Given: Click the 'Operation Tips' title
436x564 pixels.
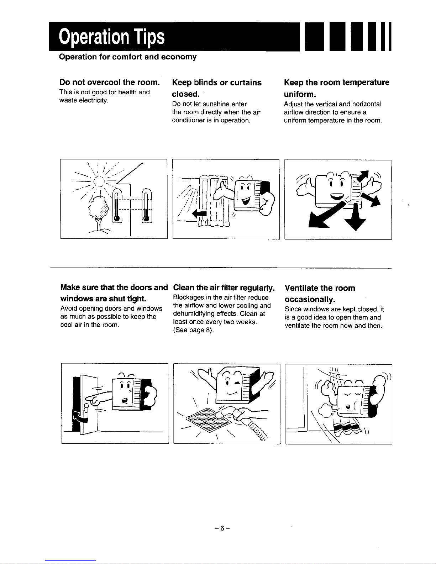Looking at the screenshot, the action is [112, 37].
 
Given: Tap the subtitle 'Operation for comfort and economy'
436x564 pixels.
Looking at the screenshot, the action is [128, 57].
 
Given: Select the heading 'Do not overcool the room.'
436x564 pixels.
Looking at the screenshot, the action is [110, 82].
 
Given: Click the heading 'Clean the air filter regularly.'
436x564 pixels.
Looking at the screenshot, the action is [224, 288].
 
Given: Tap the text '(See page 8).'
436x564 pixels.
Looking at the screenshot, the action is [193, 330].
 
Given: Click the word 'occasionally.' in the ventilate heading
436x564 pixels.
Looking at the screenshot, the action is [310, 300].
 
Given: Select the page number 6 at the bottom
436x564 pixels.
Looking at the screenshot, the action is [222, 528].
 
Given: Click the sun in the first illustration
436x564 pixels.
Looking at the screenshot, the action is [99, 181].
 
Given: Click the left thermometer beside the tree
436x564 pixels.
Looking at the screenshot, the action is [117, 205].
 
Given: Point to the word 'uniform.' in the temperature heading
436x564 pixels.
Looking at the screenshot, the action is [300, 94].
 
